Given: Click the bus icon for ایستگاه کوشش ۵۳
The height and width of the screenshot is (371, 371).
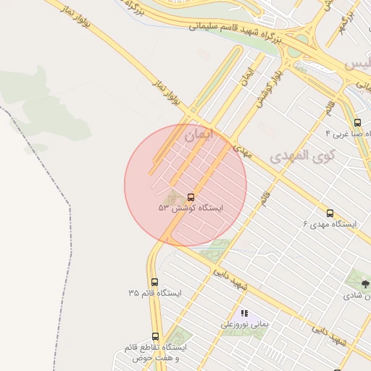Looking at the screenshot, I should tap(191, 197).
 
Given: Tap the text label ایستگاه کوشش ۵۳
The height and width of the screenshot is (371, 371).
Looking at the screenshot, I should tap(191, 208).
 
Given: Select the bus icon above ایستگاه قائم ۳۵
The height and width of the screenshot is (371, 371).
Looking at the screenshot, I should tap(154, 282).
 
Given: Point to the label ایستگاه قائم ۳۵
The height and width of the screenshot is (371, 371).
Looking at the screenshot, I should tap(154, 293).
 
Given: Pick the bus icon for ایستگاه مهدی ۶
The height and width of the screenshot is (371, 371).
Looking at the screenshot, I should tap(330, 213).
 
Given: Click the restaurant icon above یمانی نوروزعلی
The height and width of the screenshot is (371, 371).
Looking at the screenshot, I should tap(244, 313).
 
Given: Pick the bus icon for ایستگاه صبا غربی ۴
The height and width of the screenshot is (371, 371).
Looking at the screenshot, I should tap(357, 122).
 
